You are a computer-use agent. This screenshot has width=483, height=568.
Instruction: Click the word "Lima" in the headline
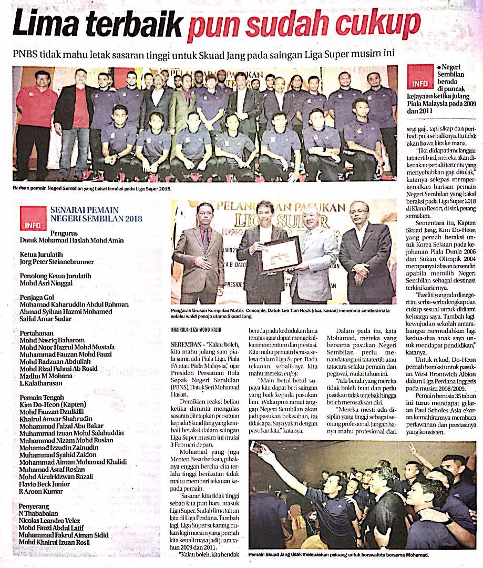click(47, 25)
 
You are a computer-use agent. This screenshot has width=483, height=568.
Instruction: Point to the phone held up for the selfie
click(256, 448)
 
